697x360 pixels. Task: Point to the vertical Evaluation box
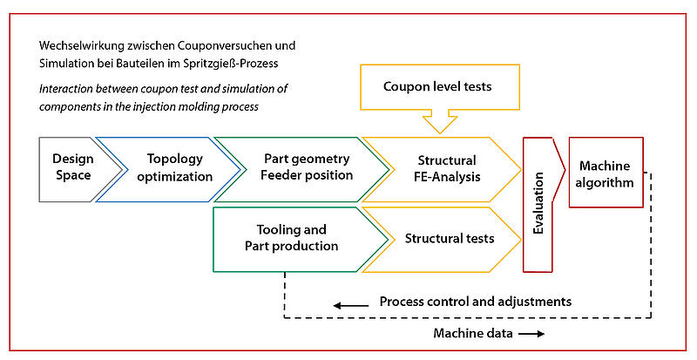click(x=538, y=203)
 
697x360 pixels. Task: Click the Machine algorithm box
click(x=605, y=172)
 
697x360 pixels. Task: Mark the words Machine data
click(x=472, y=334)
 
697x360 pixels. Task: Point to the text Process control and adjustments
click(x=475, y=302)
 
